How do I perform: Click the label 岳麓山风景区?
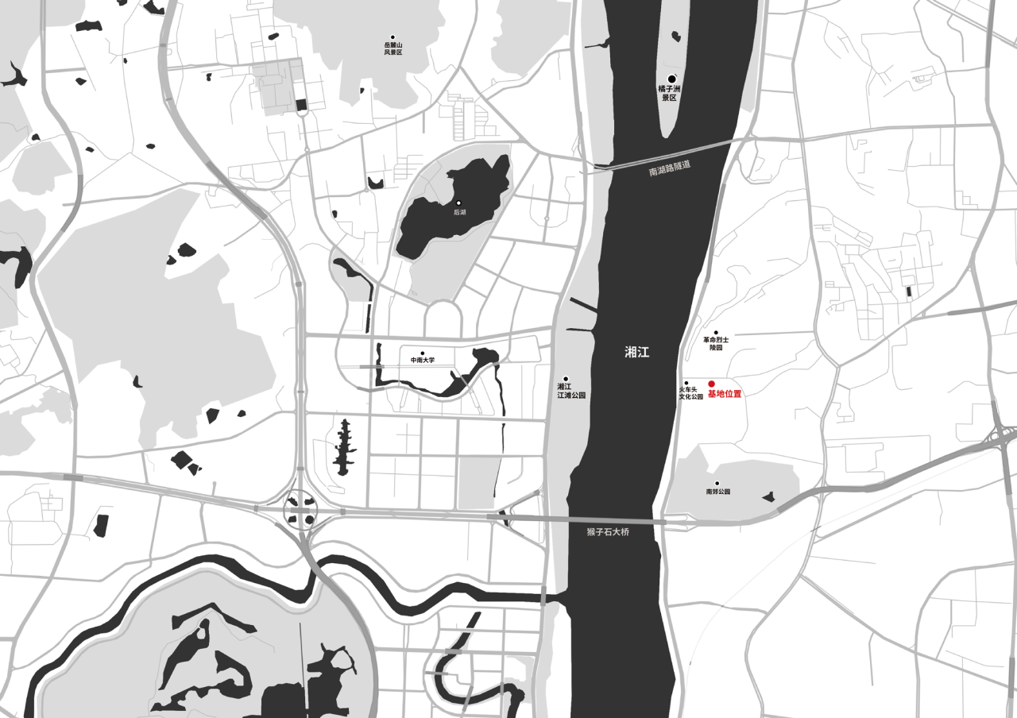pyautogui.click(x=393, y=49)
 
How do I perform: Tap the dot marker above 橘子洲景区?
pyautogui.click(x=671, y=78)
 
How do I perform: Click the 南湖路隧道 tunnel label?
pyautogui.click(x=670, y=168)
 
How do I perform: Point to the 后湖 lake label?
pyautogui.click(x=459, y=213)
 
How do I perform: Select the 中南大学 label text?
pyautogui.click(x=423, y=361)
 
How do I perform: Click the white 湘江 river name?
pyautogui.click(x=637, y=353)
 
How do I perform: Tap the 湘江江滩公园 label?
pyautogui.click(x=570, y=391)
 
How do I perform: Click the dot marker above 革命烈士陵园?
pyautogui.click(x=716, y=333)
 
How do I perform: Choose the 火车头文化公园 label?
pyautogui.click(x=690, y=392)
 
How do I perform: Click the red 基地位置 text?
pyautogui.click(x=725, y=394)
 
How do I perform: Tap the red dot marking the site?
pyautogui.click(x=712, y=384)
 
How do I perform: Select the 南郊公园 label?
pyautogui.click(x=717, y=492)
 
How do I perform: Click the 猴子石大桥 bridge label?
pyautogui.click(x=608, y=531)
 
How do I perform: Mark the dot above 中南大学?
pyautogui.click(x=423, y=353)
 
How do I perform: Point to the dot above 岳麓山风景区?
pyautogui.click(x=392, y=37)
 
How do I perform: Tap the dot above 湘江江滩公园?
pyautogui.click(x=567, y=379)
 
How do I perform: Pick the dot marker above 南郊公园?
pyautogui.click(x=717, y=483)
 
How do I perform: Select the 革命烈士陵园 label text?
pyautogui.click(x=716, y=343)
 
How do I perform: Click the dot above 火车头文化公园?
pyautogui.click(x=686, y=383)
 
